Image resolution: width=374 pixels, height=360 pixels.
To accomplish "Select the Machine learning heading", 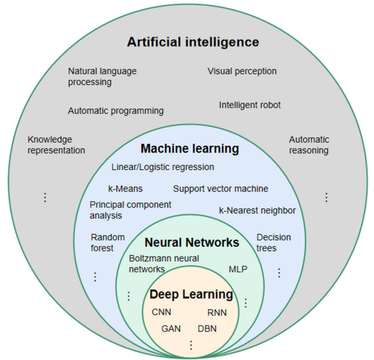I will (x=189, y=149).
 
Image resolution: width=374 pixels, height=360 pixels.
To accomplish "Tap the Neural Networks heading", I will (x=192, y=242).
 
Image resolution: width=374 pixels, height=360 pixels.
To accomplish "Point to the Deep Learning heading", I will (x=191, y=295).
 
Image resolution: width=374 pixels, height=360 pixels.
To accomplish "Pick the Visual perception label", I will (x=242, y=71).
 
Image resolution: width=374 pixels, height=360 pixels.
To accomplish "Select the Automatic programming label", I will (x=115, y=111).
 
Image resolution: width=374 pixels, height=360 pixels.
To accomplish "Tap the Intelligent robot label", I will (x=250, y=105).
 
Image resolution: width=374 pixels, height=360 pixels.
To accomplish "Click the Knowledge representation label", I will (x=56, y=145).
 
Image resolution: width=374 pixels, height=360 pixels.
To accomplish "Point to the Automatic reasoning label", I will (x=309, y=145).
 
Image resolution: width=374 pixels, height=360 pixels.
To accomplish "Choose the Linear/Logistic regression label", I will (x=163, y=167).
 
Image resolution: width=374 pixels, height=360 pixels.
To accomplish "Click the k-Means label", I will (x=125, y=188).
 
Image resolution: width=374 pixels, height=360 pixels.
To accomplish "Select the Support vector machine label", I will (x=220, y=188).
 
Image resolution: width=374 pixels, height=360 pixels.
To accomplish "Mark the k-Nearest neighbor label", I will (x=257, y=210).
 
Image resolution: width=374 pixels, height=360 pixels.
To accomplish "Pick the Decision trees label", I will (x=274, y=242).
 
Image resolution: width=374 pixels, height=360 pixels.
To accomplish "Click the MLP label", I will (x=237, y=269).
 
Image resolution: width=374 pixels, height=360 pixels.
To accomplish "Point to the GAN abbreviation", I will (x=171, y=329).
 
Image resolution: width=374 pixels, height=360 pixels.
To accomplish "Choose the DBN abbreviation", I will (x=207, y=329).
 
